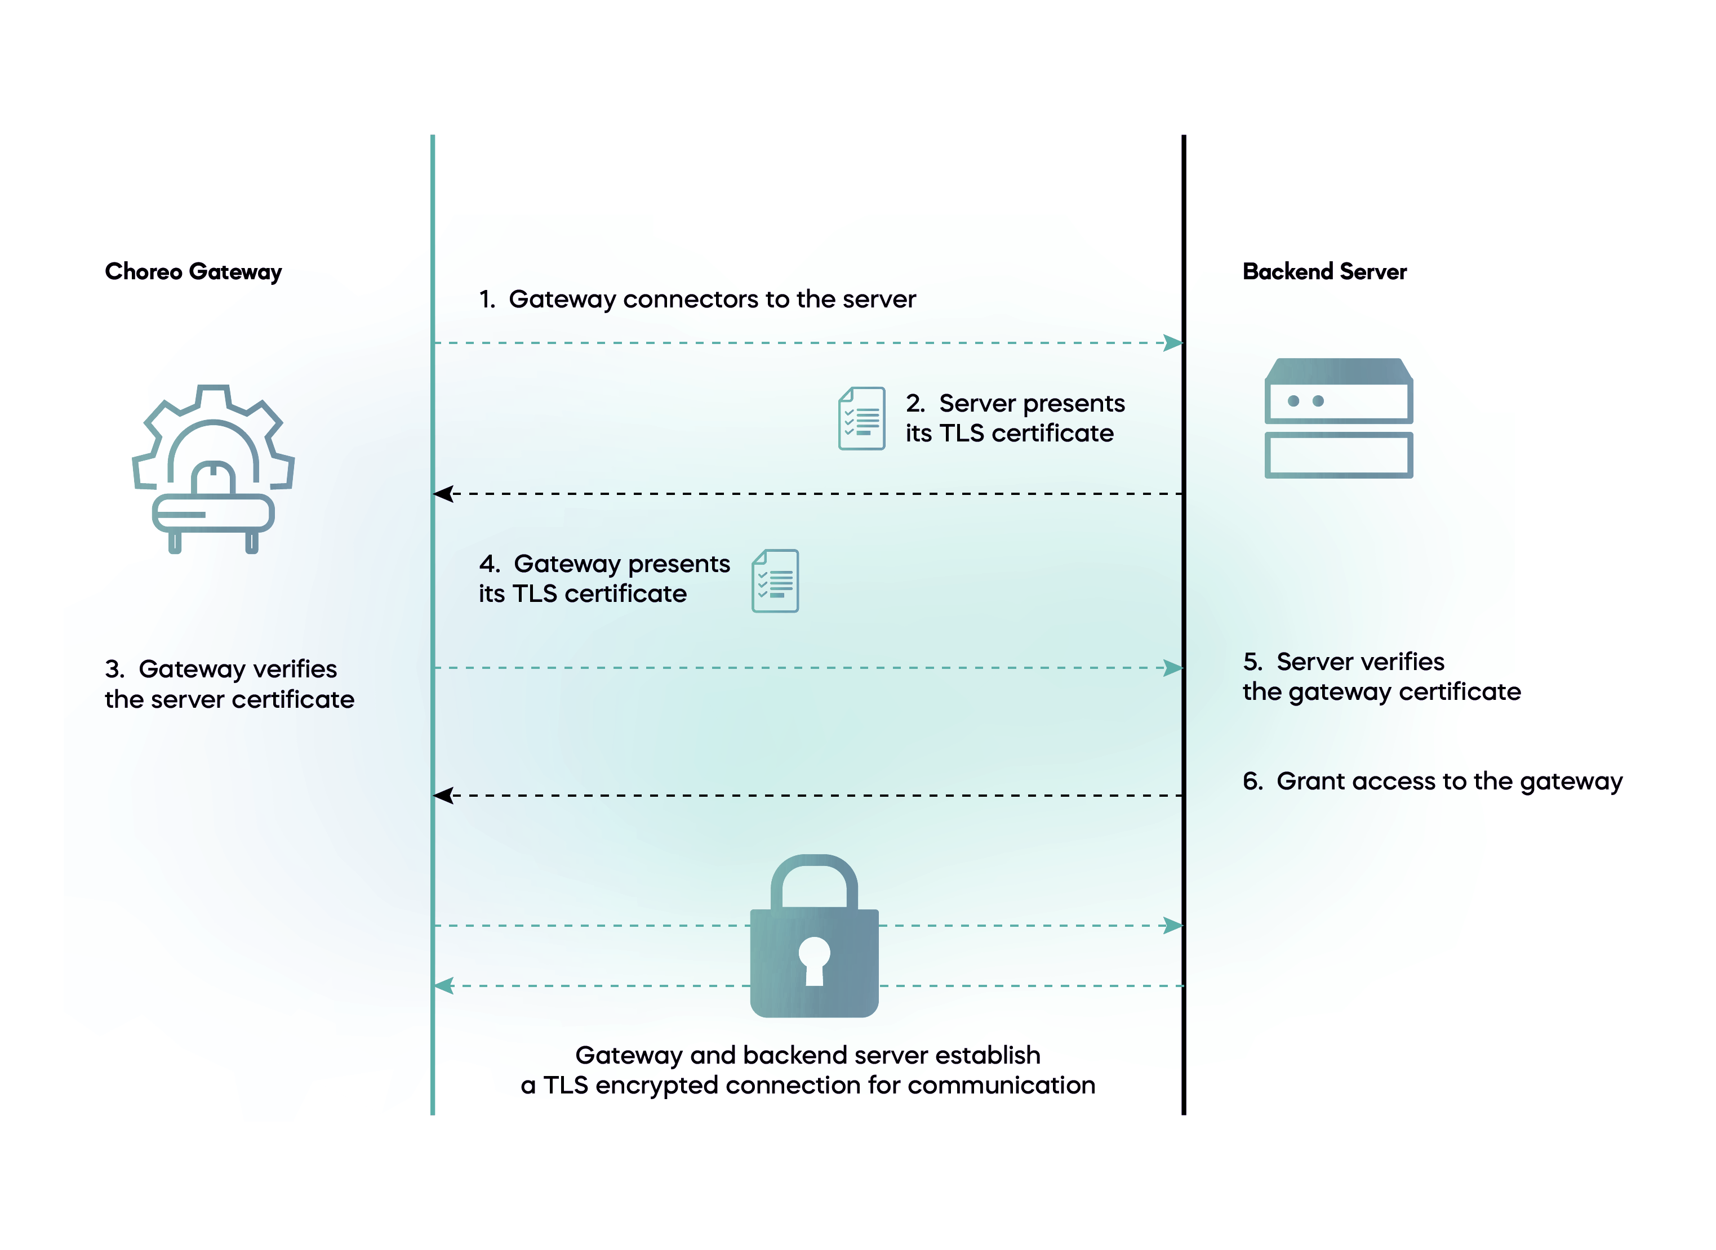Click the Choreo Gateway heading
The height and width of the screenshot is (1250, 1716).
(193, 271)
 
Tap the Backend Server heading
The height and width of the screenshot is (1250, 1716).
(1324, 271)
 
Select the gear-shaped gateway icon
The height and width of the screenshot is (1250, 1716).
(213, 469)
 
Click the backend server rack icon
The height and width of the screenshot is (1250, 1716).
(1339, 418)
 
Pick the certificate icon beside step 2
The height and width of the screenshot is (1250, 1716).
(861, 418)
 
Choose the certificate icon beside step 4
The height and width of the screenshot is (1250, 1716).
(775, 581)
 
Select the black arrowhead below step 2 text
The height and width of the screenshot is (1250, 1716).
(443, 494)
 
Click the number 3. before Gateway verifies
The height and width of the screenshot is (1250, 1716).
(114, 669)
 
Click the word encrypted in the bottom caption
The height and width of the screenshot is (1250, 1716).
(656, 1086)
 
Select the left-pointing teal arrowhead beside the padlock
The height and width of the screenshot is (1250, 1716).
(444, 986)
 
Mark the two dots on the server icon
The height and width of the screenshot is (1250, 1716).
(1306, 401)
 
